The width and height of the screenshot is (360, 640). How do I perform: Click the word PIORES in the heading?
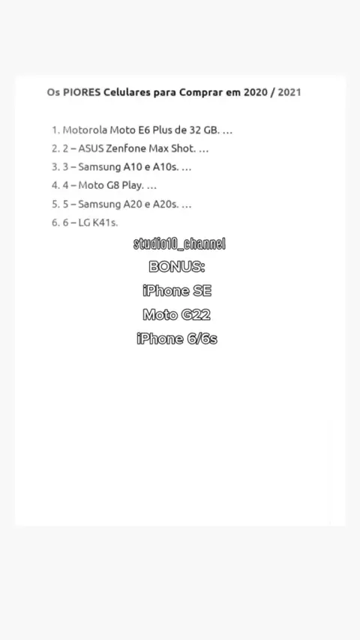coord(82,92)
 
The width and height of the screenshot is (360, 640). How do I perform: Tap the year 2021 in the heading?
coord(289,92)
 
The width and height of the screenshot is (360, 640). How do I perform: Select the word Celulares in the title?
coord(127,92)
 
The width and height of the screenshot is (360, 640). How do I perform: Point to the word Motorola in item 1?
coord(85,130)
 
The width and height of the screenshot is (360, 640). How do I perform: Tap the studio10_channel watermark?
coord(180,244)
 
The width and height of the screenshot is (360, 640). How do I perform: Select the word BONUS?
coord(177,268)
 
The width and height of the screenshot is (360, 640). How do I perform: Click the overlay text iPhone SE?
coord(177,291)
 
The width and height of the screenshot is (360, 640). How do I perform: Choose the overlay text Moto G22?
coord(177,315)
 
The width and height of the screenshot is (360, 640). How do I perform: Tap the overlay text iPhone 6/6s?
coord(177,339)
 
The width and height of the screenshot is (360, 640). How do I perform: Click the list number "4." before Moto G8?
coord(55,185)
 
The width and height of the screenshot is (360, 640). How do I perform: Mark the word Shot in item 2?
coord(181,148)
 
